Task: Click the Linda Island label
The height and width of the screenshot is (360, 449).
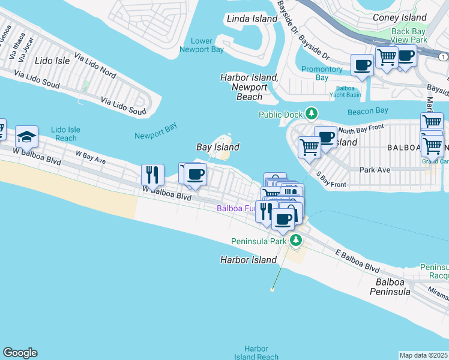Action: [x=252, y=19]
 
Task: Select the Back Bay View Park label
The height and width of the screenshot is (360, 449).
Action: [x=409, y=35]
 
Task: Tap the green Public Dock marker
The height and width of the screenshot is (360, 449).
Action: [x=311, y=113]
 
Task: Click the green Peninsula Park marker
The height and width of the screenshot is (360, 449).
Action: [x=296, y=241]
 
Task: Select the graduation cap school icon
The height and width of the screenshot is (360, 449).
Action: [x=26, y=137]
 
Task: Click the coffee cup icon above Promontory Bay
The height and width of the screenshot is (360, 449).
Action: [x=362, y=64]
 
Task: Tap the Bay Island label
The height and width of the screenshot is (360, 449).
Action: [x=218, y=147]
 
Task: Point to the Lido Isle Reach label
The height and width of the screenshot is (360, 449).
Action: [x=64, y=133]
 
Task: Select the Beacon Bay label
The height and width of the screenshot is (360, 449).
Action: [x=368, y=111]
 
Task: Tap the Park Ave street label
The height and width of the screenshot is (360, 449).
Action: [x=375, y=170]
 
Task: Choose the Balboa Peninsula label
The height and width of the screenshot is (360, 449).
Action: [x=393, y=286]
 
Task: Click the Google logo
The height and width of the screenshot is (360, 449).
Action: [x=20, y=353]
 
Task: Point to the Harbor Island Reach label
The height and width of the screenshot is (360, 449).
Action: [x=256, y=353]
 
